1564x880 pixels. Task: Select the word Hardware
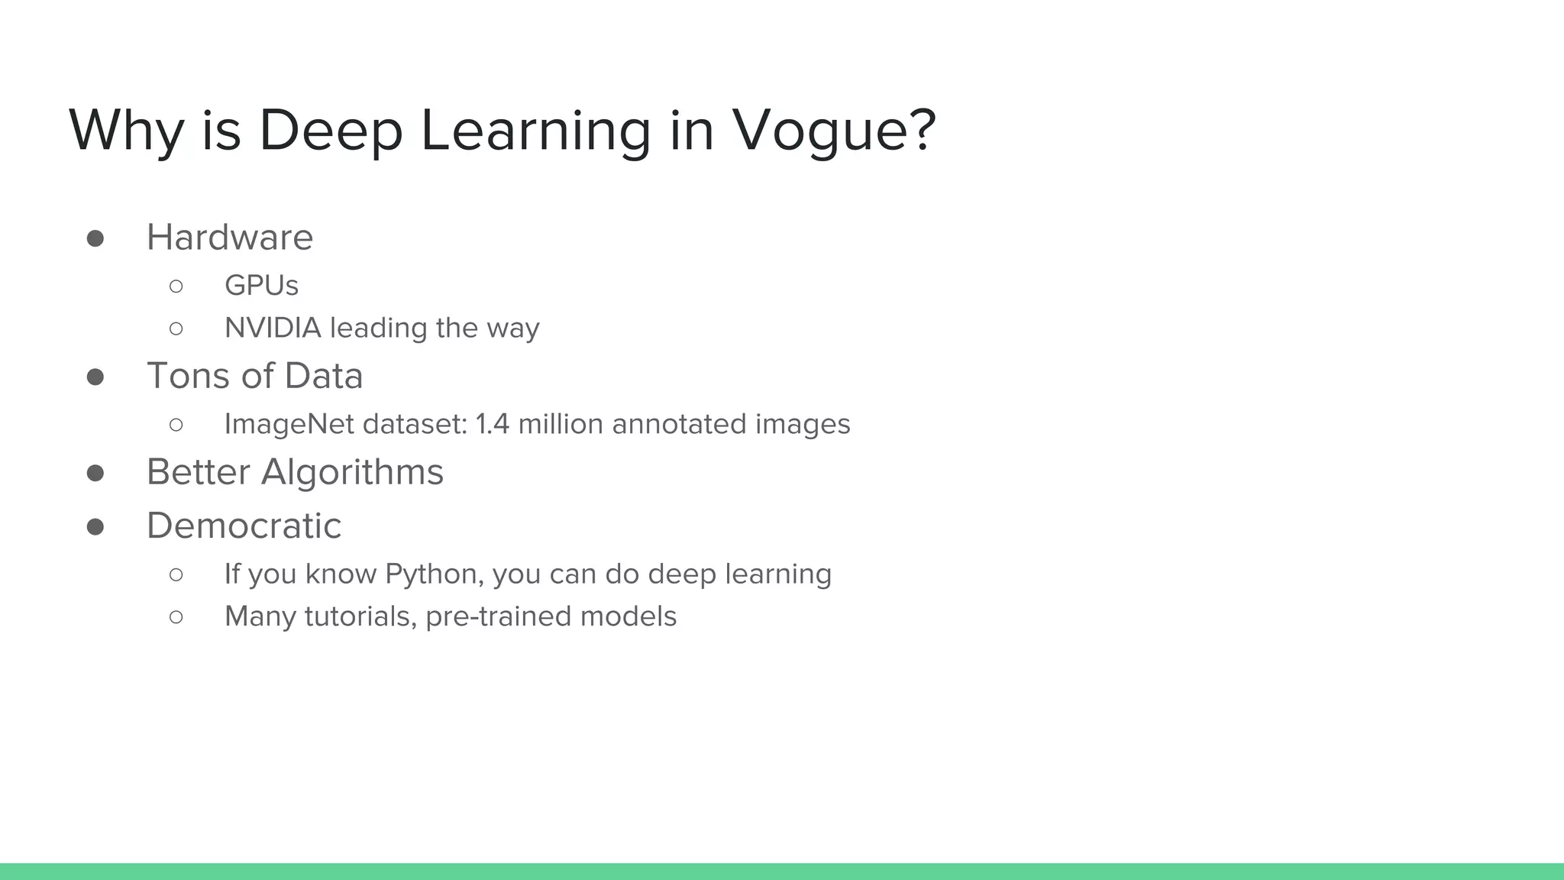(x=230, y=238)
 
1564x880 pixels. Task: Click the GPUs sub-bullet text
(x=261, y=286)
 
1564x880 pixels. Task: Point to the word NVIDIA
(x=273, y=328)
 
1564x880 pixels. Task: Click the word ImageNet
(x=289, y=425)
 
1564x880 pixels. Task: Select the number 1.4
(x=492, y=425)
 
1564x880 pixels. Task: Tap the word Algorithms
(x=352, y=472)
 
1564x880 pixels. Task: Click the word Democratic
(x=244, y=526)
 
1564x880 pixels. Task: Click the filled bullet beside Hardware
(x=95, y=239)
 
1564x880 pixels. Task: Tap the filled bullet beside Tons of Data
(x=95, y=377)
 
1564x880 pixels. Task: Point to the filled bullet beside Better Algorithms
(x=95, y=474)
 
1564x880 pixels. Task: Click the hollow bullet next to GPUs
(x=176, y=286)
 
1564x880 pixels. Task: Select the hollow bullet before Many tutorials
(x=176, y=617)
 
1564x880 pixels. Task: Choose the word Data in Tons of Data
(x=323, y=377)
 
